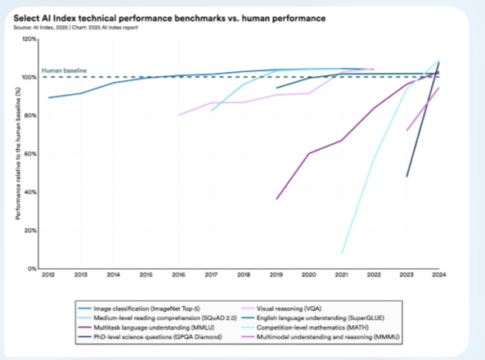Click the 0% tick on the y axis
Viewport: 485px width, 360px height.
32,268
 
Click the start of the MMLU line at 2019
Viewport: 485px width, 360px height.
276,199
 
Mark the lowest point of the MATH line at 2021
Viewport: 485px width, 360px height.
342,253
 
